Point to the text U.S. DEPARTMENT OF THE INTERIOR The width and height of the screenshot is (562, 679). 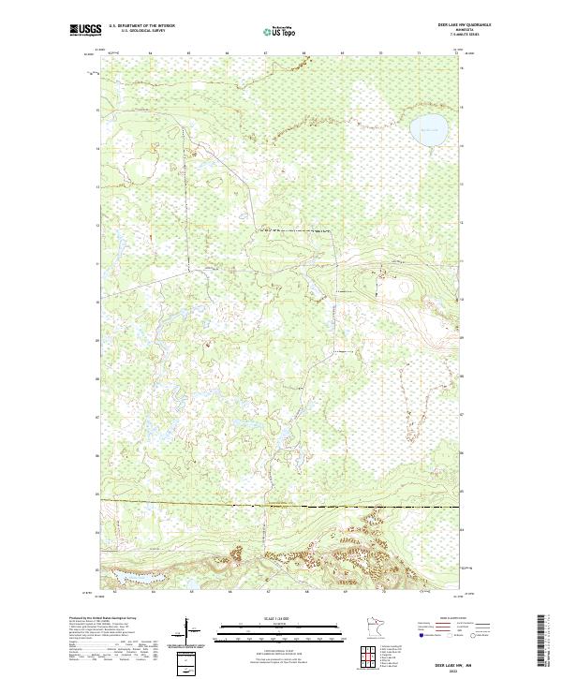click(x=140, y=26)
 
